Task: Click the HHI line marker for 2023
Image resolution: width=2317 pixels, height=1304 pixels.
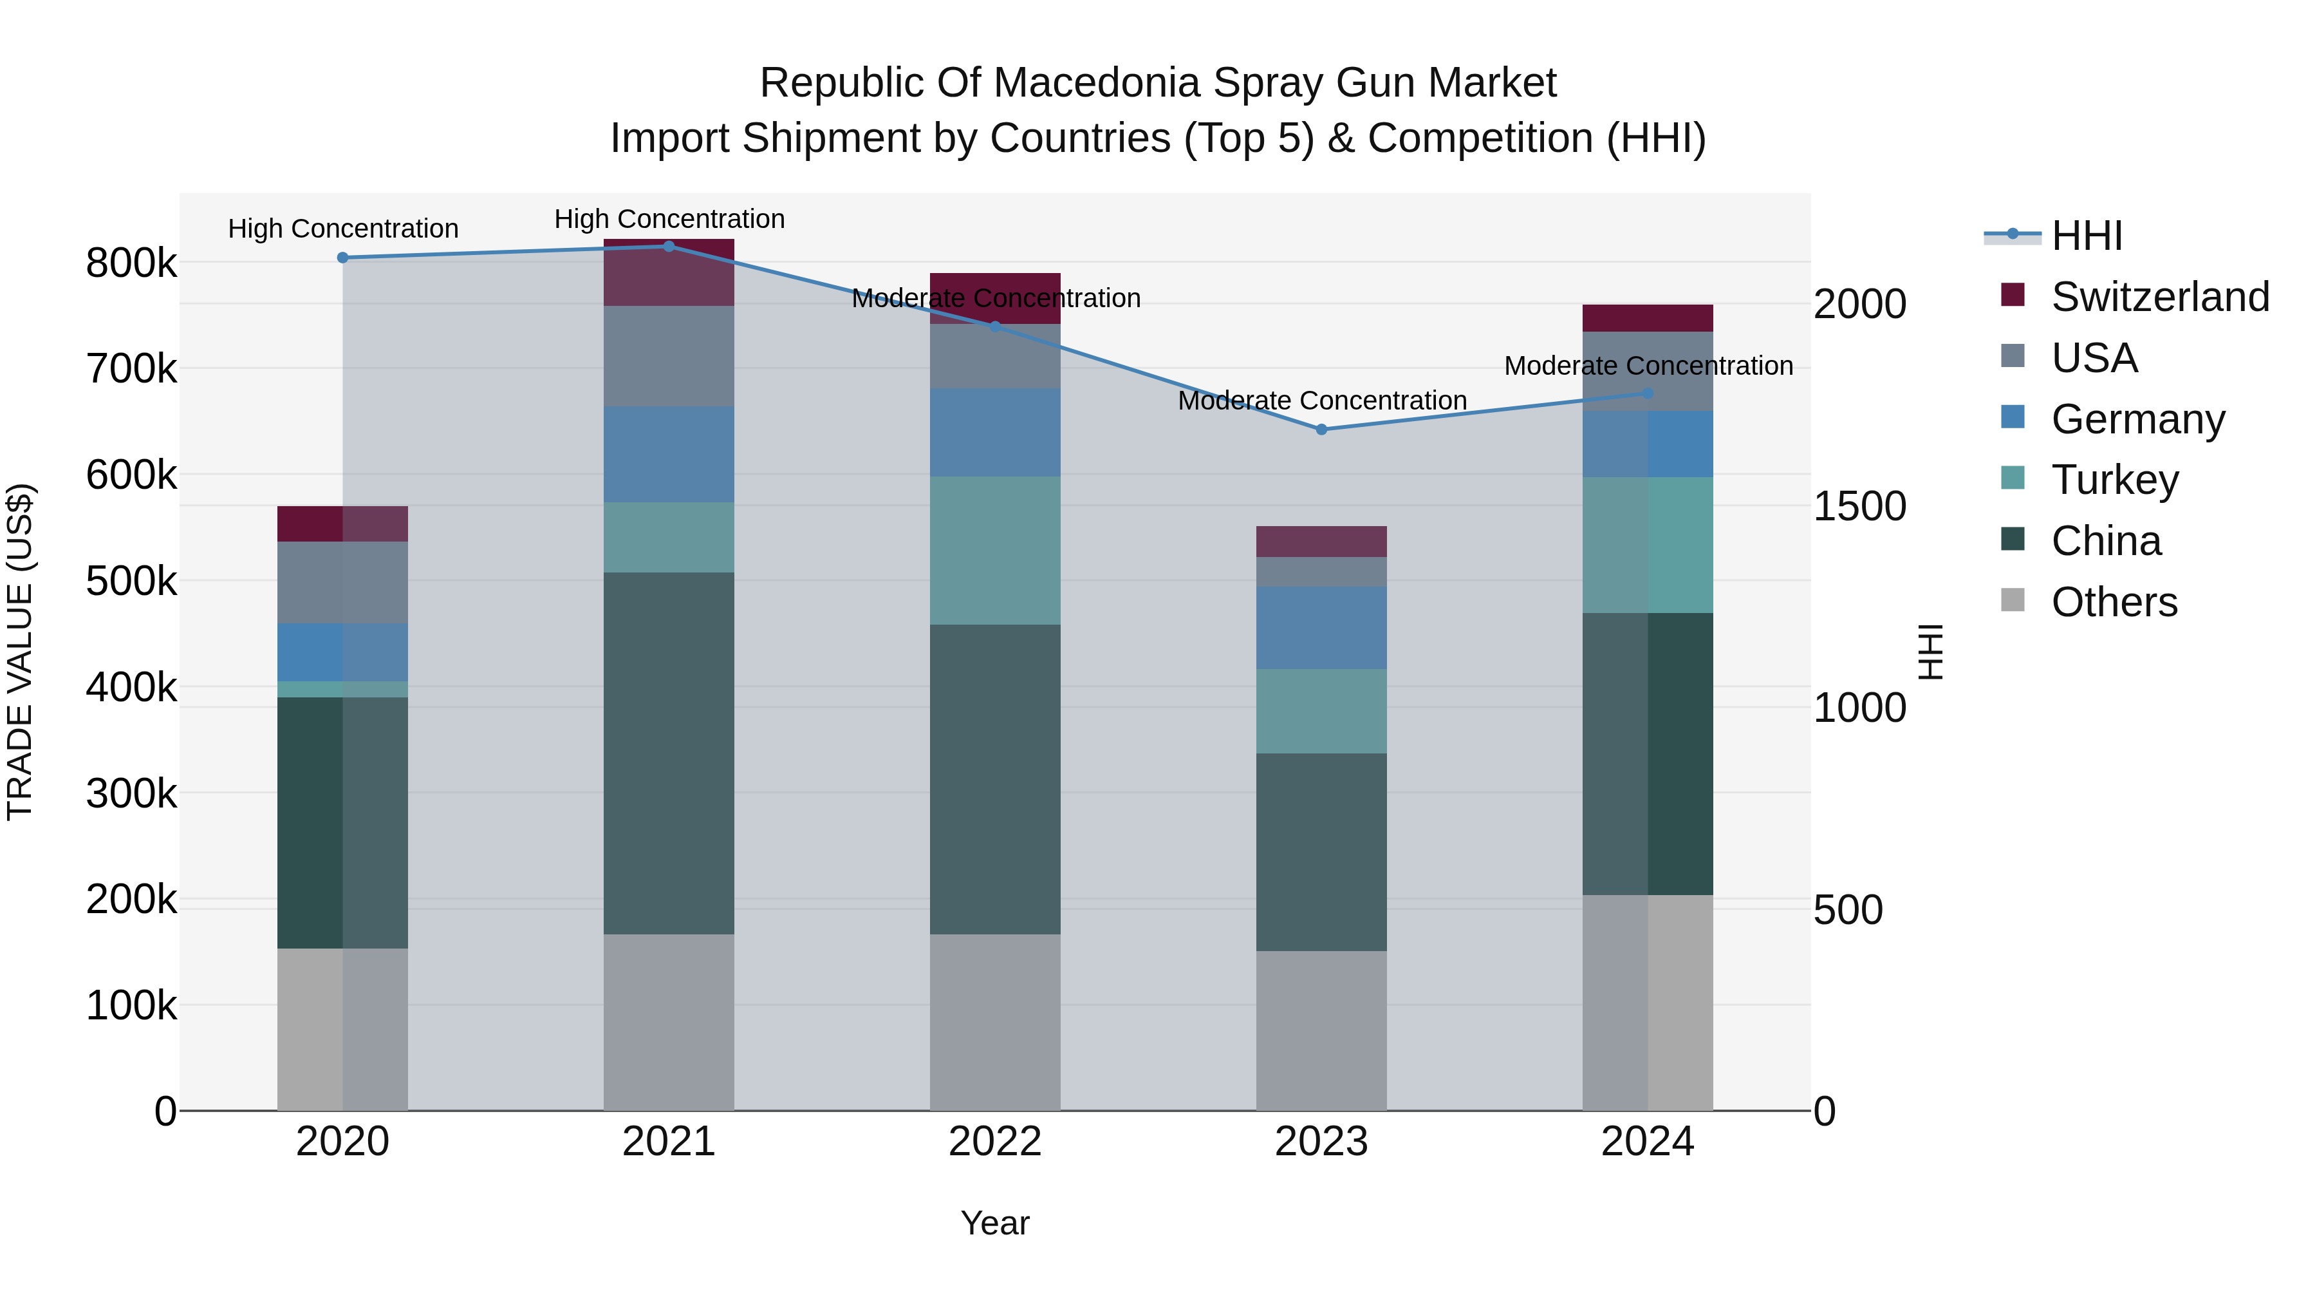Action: pyautogui.click(x=1321, y=430)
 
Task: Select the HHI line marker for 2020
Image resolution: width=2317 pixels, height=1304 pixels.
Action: pyautogui.click(x=342, y=258)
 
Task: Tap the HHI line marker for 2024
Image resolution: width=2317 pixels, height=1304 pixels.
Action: pyautogui.click(x=1648, y=393)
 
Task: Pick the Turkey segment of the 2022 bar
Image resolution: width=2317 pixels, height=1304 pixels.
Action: pyautogui.click(x=995, y=550)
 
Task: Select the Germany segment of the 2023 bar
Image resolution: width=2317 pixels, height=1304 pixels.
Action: pyautogui.click(x=1321, y=627)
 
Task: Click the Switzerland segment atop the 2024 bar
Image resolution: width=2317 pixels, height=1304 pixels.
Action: pyautogui.click(x=1648, y=317)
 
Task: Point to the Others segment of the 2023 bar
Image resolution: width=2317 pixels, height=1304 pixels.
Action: pyautogui.click(x=1321, y=1030)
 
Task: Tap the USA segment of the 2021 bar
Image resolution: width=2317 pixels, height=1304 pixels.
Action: pyautogui.click(x=668, y=355)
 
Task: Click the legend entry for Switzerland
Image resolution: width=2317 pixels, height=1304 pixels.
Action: pyautogui.click(x=2159, y=297)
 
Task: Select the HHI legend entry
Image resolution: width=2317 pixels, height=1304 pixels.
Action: pyautogui.click(x=2087, y=236)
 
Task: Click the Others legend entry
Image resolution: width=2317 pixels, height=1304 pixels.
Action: pyautogui.click(x=2114, y=602)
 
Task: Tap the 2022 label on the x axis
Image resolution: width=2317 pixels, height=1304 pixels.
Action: pyautogui.click(x=995, y=1142)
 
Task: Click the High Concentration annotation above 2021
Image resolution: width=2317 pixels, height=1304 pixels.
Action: pyautogui.click(x=669, y=219)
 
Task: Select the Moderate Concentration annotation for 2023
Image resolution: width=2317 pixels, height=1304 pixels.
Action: pyautogui.click(x=1322, y=401)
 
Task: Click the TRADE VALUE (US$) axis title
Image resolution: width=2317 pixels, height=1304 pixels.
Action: pyautogui.click(x=20, y=652)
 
